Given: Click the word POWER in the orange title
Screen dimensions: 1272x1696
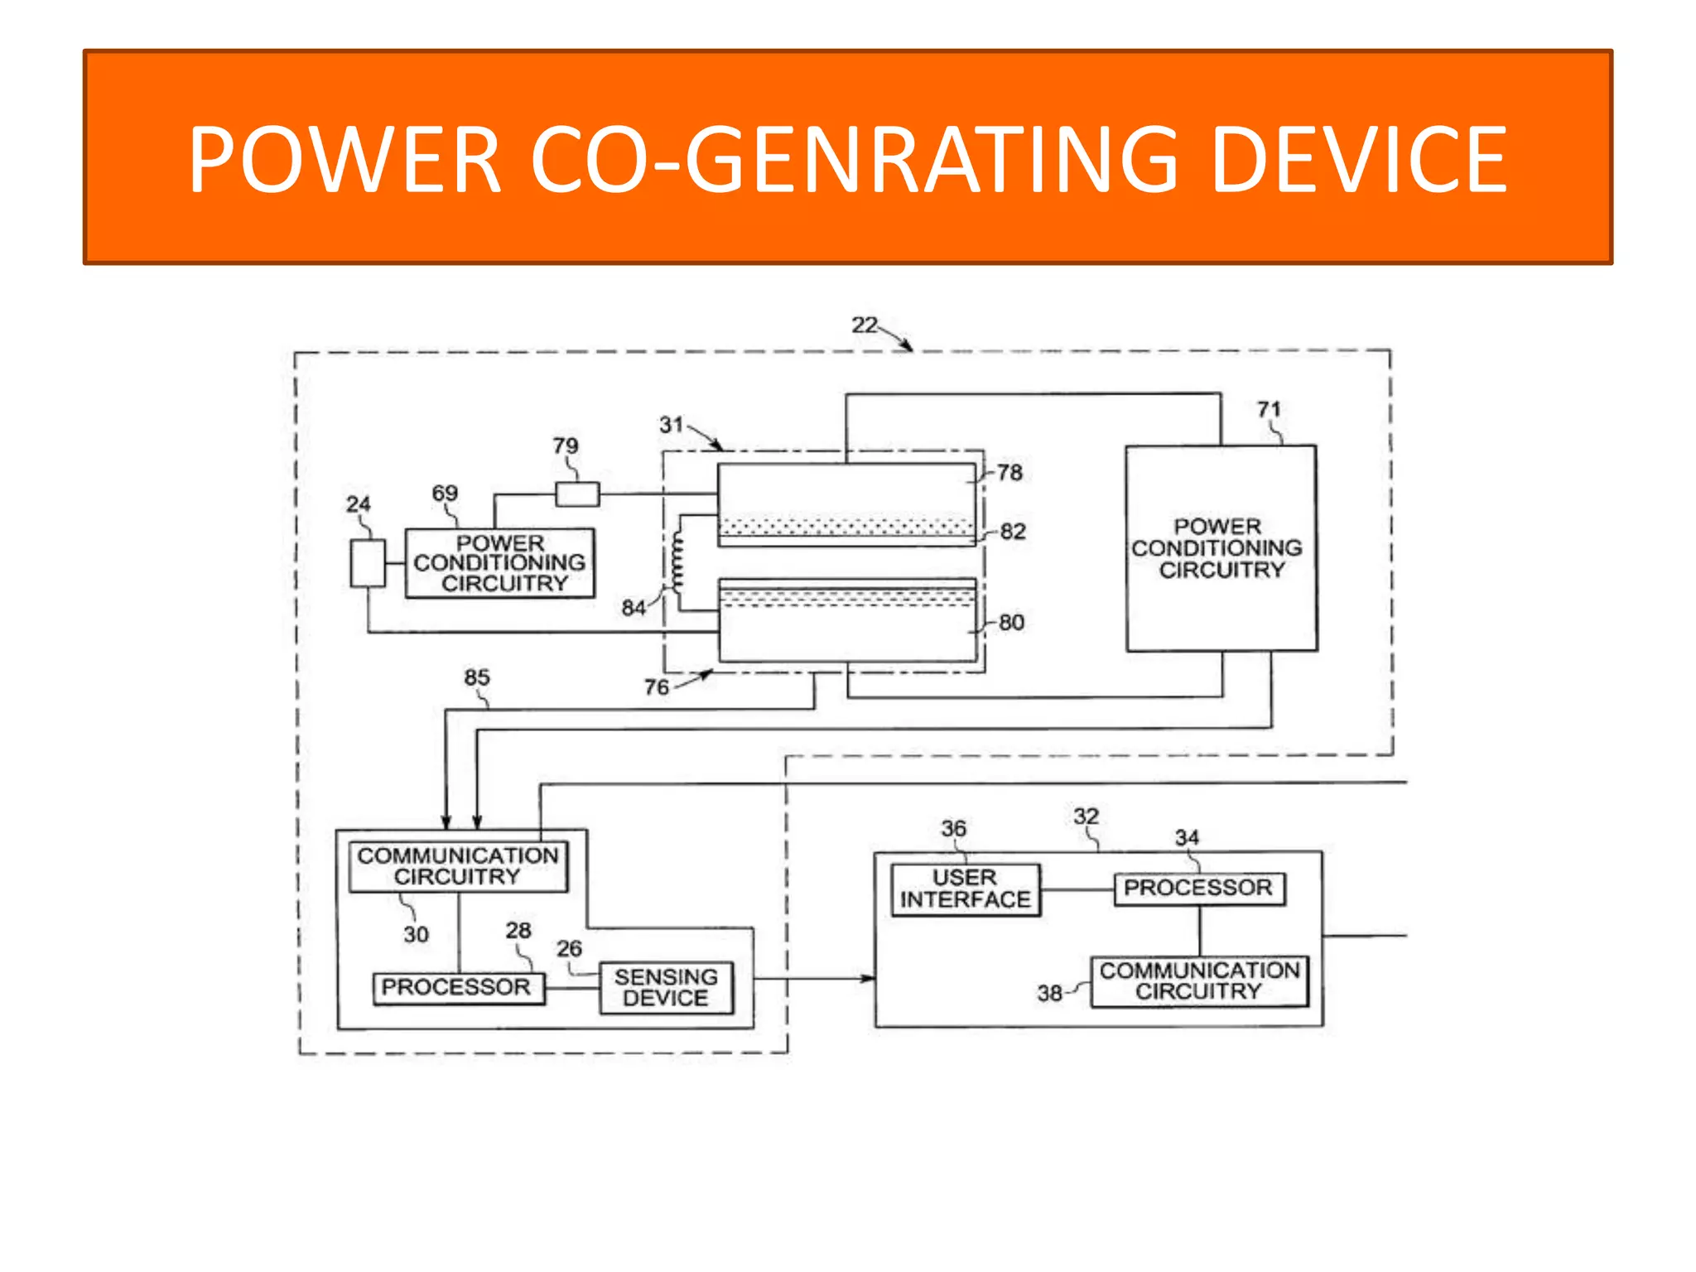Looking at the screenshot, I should [x=345, y=159].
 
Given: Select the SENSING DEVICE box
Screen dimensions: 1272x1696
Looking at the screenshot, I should [x=666, y=987].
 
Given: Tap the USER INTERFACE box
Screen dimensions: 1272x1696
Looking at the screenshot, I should [x=965, y=889].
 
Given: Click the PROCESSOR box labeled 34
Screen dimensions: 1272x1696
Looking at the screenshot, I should [x=1198, y=888].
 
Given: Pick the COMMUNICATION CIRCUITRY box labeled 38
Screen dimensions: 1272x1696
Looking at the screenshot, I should [x=1199, y=980].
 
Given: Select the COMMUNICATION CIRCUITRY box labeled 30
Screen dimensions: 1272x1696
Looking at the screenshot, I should [x=458, y=866].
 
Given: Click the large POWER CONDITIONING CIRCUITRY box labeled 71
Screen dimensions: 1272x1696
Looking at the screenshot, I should [x=1221, y=548].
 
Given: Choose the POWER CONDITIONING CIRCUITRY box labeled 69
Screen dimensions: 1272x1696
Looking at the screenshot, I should [x=499, y=563].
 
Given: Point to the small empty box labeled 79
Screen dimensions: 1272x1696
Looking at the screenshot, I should [x=577, y=494].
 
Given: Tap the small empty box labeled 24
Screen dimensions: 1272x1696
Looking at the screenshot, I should [x=368, y=563].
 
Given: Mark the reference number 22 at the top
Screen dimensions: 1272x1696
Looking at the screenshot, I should [x=864, y=325].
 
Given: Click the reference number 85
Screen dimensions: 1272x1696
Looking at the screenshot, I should [x=476, y=677].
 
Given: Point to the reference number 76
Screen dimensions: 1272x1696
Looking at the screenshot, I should [x=656, y=687].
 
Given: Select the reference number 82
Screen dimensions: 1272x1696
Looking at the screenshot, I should [x=1013, y=532].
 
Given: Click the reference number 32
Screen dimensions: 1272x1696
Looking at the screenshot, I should [x=1086, y=817].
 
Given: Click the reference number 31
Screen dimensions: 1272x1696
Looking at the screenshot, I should [x=671, y=425].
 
